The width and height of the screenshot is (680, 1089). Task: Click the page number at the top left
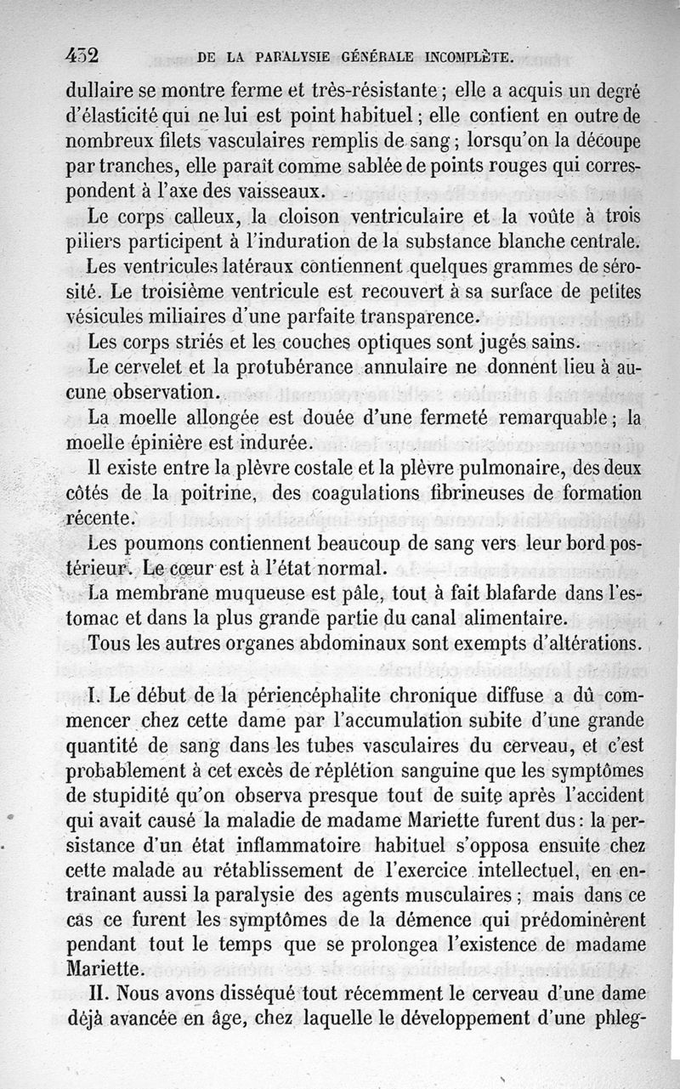tap(82, 56)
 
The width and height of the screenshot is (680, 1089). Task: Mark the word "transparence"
tap(418, 317)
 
